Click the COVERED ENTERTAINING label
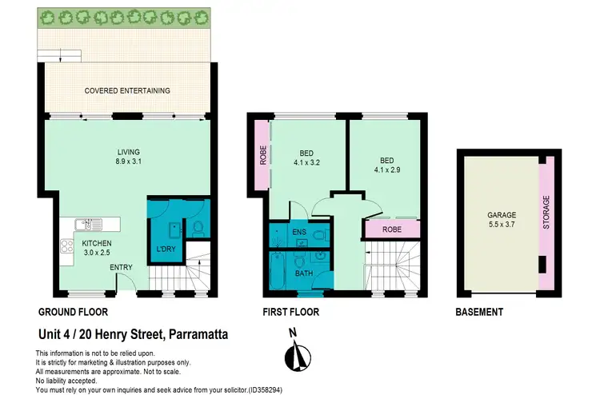[x=127, y=91]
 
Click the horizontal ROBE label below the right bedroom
[x=390, y=230]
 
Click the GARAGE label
[x=502, y=215]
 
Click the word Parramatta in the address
[x=194, y=335]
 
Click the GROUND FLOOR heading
[x=74, y=312]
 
